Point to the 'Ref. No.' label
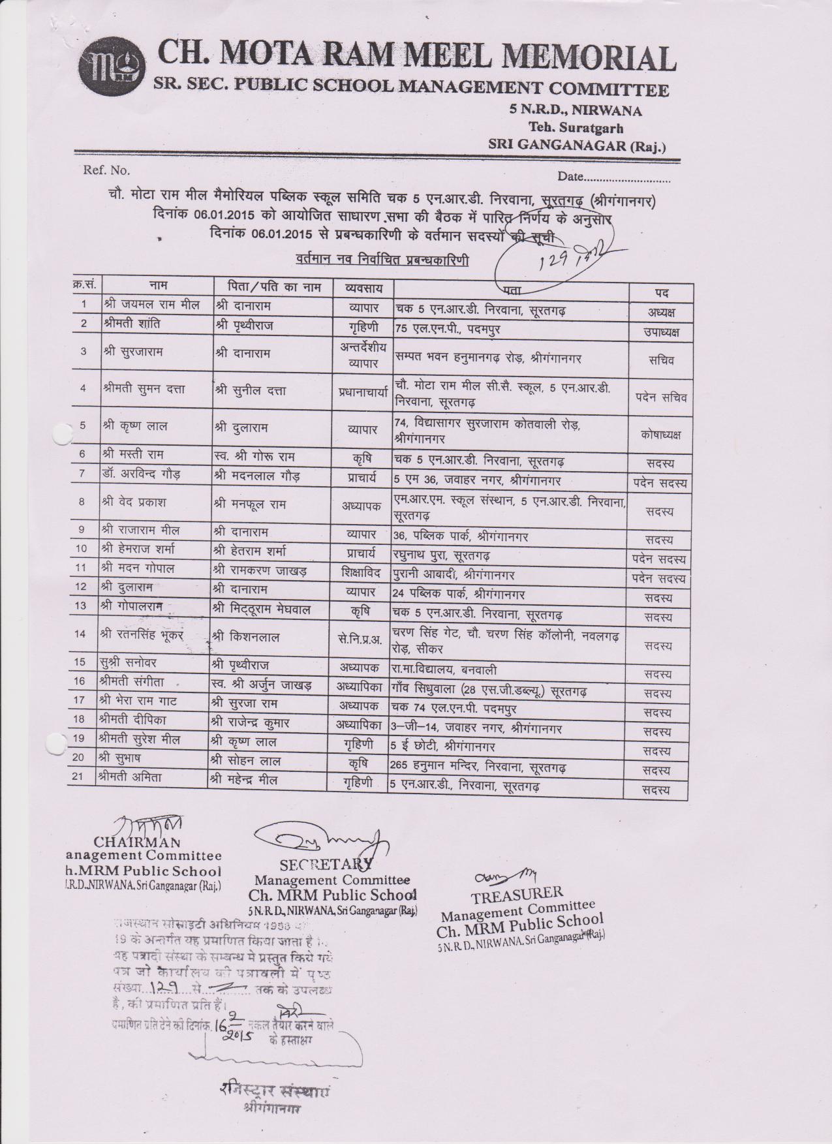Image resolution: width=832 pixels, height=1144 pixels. pyautogui.click(x=106, y=171)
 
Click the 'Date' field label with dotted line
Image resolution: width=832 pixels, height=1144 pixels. pyautogui.click(x=613, y=177)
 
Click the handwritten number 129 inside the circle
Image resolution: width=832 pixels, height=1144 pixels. pyautogui.click(x=551, y=263)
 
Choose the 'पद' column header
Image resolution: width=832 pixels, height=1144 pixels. pyautogui.click(x=660, y=292)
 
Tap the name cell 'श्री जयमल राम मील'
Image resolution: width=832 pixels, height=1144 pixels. pyautogui.click(x=151, y=305)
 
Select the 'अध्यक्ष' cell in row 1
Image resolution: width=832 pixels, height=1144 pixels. pyautogui.click(x=660, y=312)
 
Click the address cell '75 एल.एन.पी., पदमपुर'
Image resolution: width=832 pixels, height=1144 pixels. pyautogui.click(x=448, y=328)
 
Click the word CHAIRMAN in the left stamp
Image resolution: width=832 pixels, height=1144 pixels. pyautogui.click(x=137, y=841)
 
